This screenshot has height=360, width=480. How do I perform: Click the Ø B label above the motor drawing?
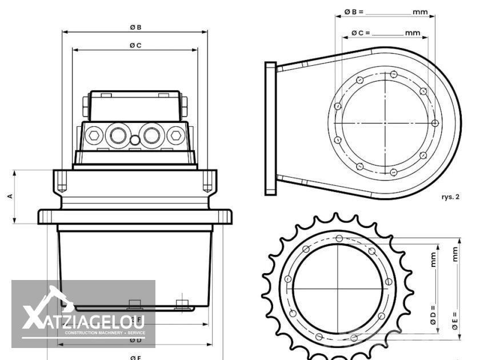coord(135,27)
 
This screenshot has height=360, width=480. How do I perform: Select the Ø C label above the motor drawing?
coord(135,45)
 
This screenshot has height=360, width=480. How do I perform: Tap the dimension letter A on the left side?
coord(10,196)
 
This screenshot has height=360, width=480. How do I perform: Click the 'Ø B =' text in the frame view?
coord(355,11)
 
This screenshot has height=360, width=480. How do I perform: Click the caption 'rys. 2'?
coord(450,197)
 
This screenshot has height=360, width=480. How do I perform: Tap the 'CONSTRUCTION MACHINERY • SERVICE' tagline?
coord(105,333)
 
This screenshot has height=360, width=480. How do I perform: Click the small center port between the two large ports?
coord(135,140)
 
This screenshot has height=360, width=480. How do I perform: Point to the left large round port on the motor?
coord(118,135)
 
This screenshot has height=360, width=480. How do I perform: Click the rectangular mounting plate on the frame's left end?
coord(271,129)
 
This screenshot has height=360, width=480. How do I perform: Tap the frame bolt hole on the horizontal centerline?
coord(435,123)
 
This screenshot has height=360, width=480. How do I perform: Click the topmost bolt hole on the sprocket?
coord(339,238)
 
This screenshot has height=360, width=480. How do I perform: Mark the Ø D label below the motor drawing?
coord(135,340)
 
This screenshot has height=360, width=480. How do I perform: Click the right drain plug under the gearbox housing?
coord(182,303)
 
